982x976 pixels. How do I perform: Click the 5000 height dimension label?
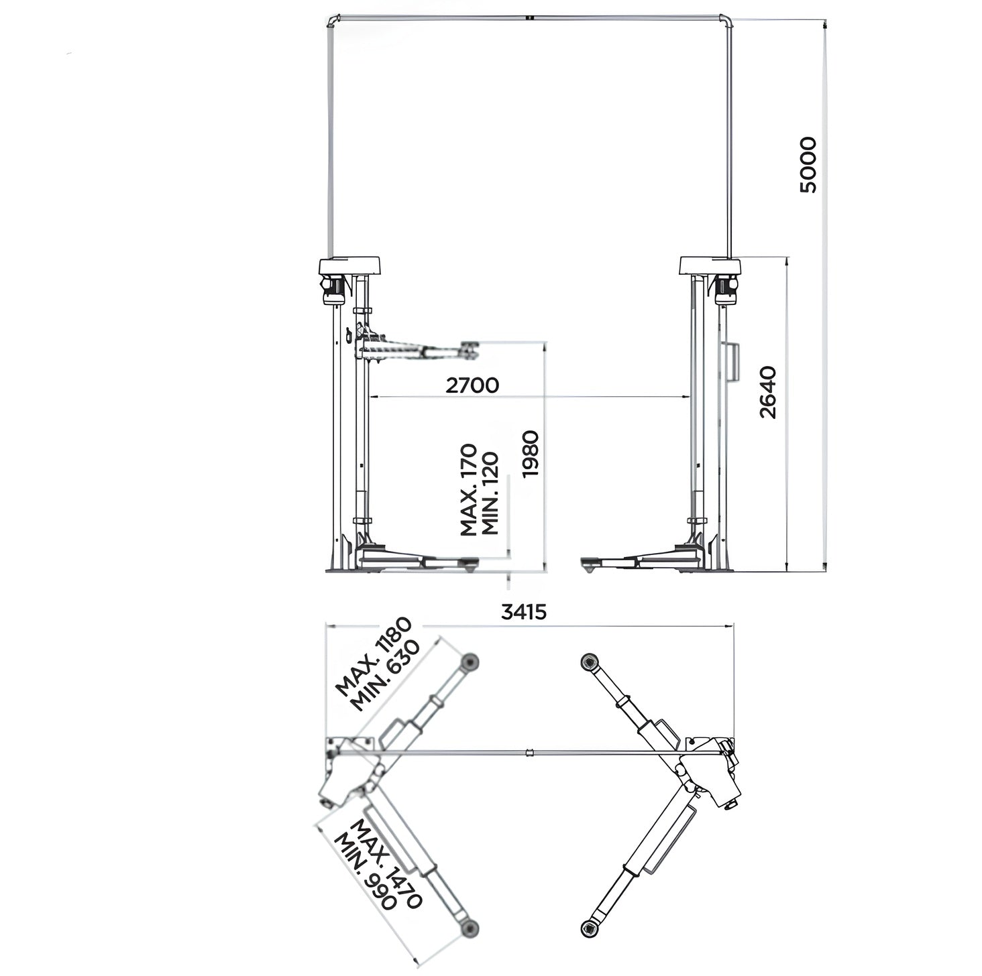click(x=808, y=164)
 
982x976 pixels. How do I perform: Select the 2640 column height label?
click(x=768, y=392)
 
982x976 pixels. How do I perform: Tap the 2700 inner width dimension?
click(x=472, y=385)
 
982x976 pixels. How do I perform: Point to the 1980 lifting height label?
click(x=531, y=453)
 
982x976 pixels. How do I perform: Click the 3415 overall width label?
click(x=523, y=611)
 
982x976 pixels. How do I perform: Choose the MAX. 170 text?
click(x=468, y=490)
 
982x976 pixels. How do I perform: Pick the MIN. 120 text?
click(x=489, y=494)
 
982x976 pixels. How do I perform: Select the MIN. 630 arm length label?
click(x=386, y=676)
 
